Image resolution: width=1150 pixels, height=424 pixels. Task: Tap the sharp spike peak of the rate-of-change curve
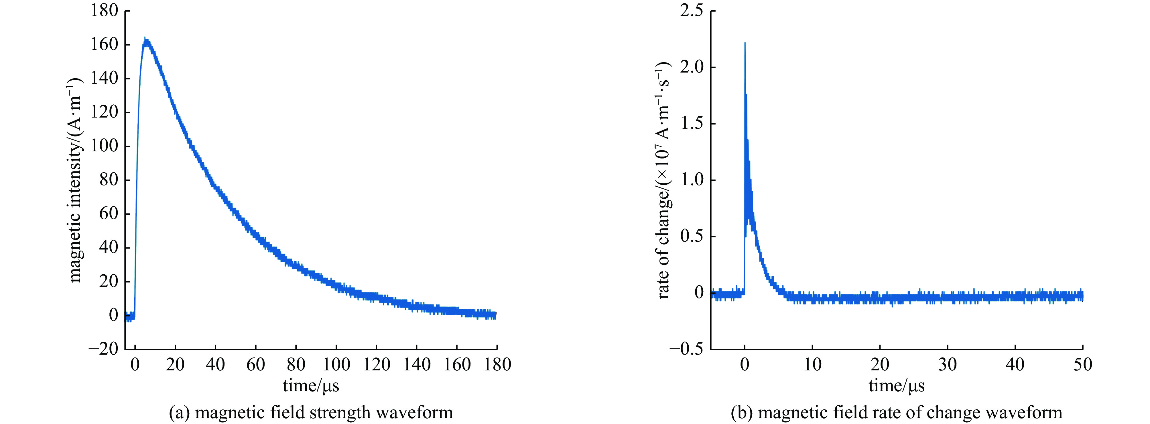tap(745, 43)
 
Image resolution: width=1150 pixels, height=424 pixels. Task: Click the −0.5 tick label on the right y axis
tap(687, 349)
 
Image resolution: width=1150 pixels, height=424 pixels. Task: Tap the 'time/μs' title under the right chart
tap(896, 385)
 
